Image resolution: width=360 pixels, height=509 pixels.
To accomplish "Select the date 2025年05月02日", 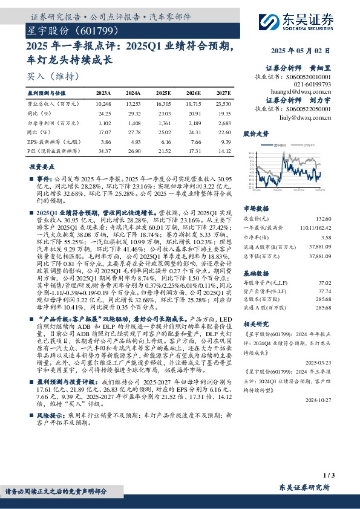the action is point(301,51).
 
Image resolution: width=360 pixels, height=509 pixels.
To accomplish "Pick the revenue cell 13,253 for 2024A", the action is point(134,105).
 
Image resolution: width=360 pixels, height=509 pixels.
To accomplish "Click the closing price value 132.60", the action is point(322,218).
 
